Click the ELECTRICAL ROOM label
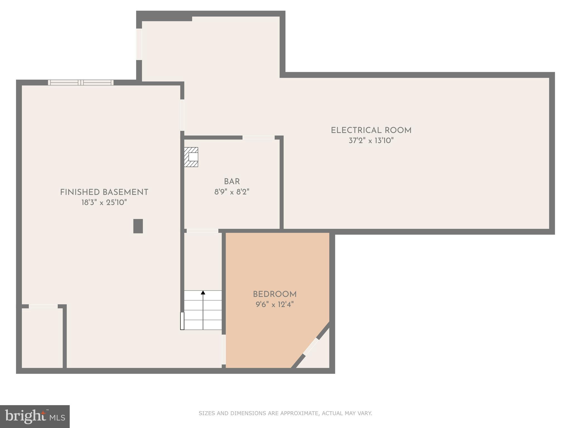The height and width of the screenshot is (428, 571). click(371, 130)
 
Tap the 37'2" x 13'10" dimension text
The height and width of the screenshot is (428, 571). click(371, 141)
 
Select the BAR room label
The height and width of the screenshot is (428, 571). click(232, 182)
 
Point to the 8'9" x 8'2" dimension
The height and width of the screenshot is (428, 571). click(232, 192)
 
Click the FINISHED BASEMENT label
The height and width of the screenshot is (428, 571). click(104, 192)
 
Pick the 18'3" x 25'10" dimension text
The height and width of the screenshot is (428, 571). click(104, 203)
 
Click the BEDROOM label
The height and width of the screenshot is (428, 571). click(275, 294)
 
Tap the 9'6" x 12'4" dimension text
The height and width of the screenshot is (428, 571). click(275, 305)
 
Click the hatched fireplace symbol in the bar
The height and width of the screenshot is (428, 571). click(191, 157)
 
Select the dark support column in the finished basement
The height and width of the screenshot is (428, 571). click(138, 226)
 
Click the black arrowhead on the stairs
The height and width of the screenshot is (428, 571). click(203, 293)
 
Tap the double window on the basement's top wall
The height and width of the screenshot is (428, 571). click(81, 82)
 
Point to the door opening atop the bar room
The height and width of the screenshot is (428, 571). click(258, 137)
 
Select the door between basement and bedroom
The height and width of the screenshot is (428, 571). click(224, 349)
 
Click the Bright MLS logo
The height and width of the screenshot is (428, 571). click(35, 416)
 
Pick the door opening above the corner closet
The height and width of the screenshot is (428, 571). click(43, 306)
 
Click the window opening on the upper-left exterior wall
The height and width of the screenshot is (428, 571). click(139, 44)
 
